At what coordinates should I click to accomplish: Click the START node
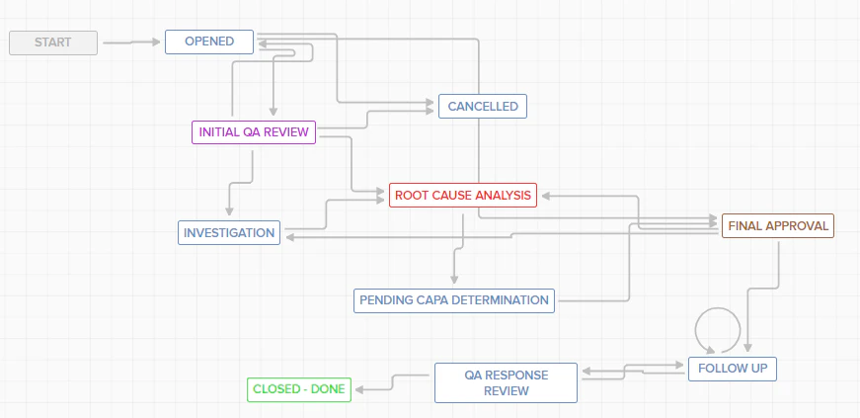(53, 42)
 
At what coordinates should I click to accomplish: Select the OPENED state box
(209, 42)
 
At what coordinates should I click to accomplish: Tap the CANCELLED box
(483, 107)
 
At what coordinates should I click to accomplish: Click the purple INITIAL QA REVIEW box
(253, 132)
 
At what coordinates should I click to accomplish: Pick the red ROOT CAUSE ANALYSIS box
(463, 195)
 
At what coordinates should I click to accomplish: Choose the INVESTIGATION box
(228, 233)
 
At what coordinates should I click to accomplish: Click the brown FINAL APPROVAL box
(778, 225)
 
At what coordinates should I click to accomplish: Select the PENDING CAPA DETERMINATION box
(454, 299)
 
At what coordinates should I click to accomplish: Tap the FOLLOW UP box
(732, 369)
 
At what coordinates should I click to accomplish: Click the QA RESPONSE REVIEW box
(506, 382)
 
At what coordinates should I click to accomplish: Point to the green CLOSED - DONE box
(298, 389)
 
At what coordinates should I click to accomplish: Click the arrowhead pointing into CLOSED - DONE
(357, 389)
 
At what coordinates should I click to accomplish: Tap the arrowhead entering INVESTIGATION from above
(229, 211)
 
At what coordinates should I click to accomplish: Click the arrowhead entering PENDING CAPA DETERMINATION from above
(454, 280)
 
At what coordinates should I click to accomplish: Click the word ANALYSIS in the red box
(504, 195)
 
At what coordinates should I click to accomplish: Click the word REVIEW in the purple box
(287, 132)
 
